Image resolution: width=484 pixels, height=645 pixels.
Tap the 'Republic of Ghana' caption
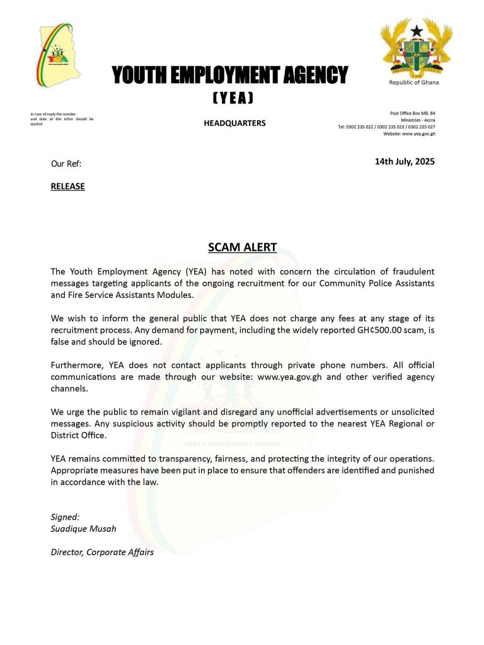pyautogui.click(x=414, y=83)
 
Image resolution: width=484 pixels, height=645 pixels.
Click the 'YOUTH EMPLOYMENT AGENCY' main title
pyautogui.click(x=229, y=76)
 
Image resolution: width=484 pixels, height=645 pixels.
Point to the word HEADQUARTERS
pyautogui.click(x=234, y=123)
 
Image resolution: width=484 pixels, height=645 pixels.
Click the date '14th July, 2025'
pyautogui.click(x=405, y=162)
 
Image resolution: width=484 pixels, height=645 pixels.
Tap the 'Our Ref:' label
pyautogui.click(x=66, y=164)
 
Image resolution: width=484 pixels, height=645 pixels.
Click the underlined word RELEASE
pyautogui.click(x=67, y=186)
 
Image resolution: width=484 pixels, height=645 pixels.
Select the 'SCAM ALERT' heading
pyautogui.click(x=243, y=247)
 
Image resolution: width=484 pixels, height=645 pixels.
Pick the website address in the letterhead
pyautogui.click(x=409, y=134)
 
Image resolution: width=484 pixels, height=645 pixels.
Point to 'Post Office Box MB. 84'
pyautogui.click(x=413, y=113)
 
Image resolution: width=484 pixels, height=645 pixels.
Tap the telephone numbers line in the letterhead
pyautogui.click(x=386, y=127)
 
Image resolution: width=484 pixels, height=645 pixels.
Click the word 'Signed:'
pyautogui.click(x=66, y=517)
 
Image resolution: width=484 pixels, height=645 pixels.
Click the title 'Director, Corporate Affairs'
pyautogui.click(x=102, y=552)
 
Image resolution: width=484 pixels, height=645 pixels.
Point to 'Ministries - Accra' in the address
pyautogui.click(x=417, y=120)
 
